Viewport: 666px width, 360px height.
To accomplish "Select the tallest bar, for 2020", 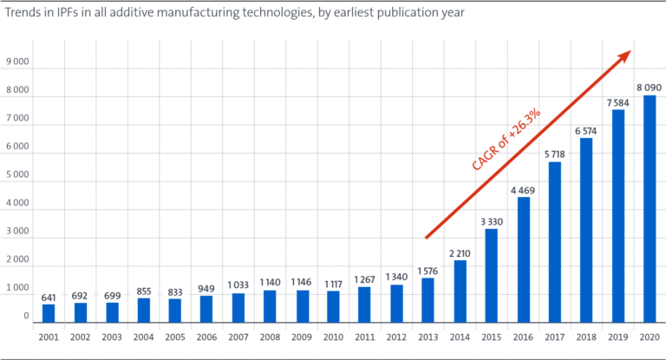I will click(x=650, y=209).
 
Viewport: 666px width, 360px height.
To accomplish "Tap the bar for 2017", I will click(x=555, y=242).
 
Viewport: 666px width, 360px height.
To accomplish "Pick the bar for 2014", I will click(x=460, y=291).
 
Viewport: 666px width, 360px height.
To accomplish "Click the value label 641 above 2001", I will click(x=49, y=297).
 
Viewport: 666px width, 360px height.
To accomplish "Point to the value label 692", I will click(x=80, y=295).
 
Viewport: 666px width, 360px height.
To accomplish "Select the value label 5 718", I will click(x=555, y=154).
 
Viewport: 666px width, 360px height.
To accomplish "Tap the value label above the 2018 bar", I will click(x=586, y=131).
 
